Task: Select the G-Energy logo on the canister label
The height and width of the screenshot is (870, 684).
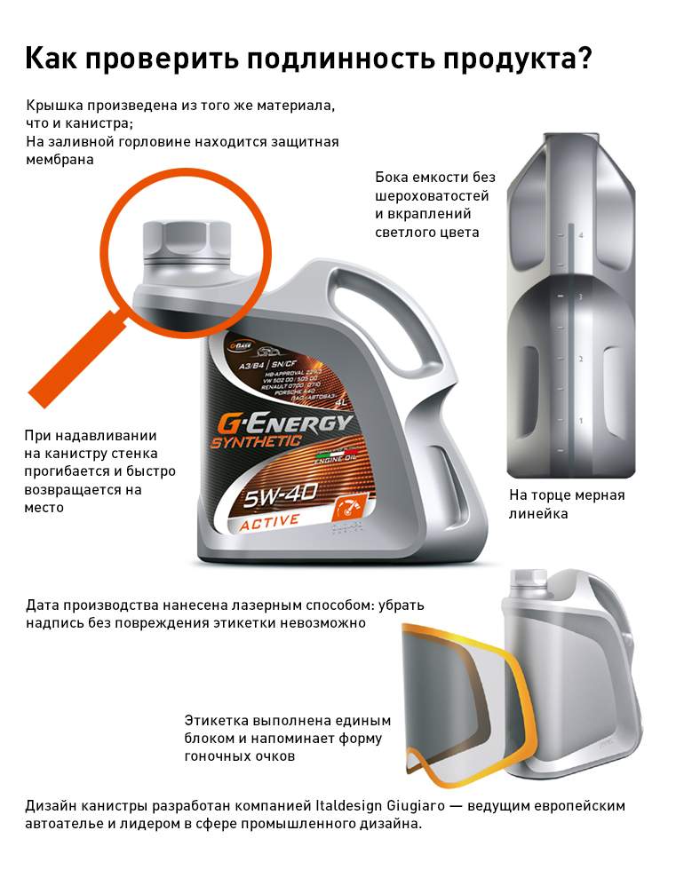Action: [281, 424]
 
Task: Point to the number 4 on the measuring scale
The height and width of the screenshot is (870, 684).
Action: [581, 235]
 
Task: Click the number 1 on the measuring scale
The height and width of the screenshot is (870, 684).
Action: [581, 420]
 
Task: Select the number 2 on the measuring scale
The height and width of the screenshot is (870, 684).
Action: [581, 359]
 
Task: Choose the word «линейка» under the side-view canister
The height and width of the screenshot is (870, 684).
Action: [538, 514]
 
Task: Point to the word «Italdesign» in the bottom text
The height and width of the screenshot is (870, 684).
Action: [322, 806]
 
